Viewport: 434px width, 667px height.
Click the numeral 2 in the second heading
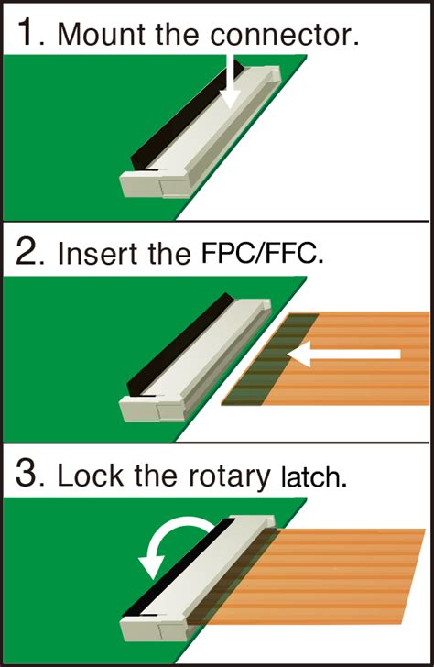pos(29,250)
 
